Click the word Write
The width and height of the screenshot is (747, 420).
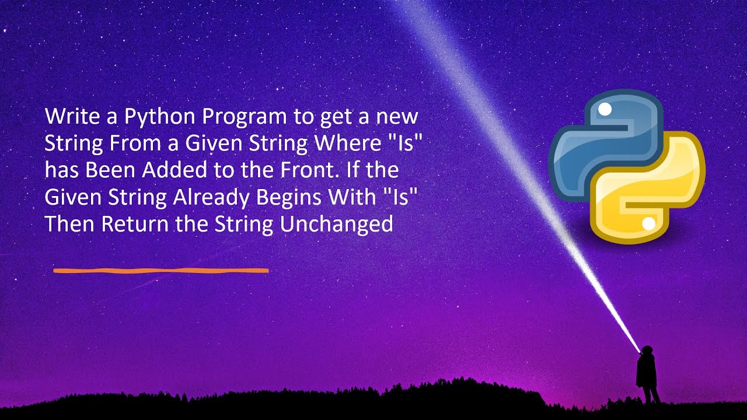point(67,117)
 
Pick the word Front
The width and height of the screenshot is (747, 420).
point(315,171)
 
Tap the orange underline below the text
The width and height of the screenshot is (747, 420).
point(160,271)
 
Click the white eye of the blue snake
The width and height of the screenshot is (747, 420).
point(605,109)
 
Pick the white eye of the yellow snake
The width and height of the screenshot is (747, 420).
point(648,223)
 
